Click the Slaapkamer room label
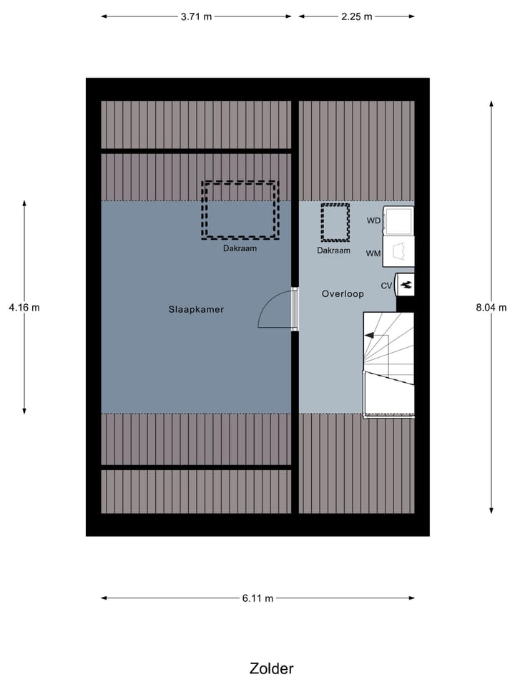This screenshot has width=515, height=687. click(x=196, y=310)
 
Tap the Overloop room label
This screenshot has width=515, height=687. click(x=343, y=293)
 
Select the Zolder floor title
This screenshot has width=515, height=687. click(x=271, y=668)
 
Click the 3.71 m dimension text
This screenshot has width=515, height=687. click(x=196, y=16)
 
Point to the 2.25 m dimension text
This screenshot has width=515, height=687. click(x=356, y=16)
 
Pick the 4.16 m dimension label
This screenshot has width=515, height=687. click(x=24, y=308)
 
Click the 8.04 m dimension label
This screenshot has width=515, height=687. click(x=491, y=308)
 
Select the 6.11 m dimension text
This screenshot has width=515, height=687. click(x=257, y=598)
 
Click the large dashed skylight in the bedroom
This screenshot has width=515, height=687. click(x=240, y=210)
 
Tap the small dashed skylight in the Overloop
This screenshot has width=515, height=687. click(x=334, y=223)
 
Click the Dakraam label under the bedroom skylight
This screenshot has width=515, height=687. click(x=240, y=249)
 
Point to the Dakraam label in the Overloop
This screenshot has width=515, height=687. click(x=334, y=250)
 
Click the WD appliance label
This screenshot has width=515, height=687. click(x=373, y=220)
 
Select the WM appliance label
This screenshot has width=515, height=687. click(x=373, y=253)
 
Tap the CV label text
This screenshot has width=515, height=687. click(x=386, y=286)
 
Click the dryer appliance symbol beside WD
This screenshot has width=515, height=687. click(x=398, y=220)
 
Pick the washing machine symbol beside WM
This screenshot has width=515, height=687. click(x=398, y=252)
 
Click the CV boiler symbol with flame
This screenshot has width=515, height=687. click(x=406, y=285)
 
